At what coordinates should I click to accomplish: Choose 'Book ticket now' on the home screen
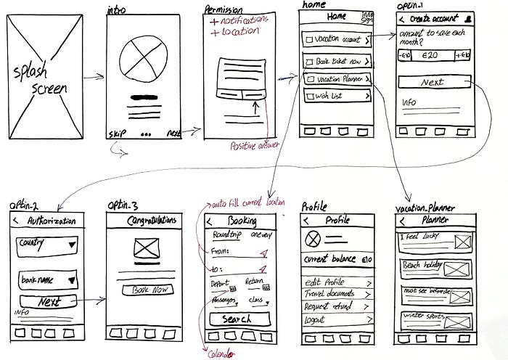[x=337, y=62]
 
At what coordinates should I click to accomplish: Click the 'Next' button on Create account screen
[x=433, y=82]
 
